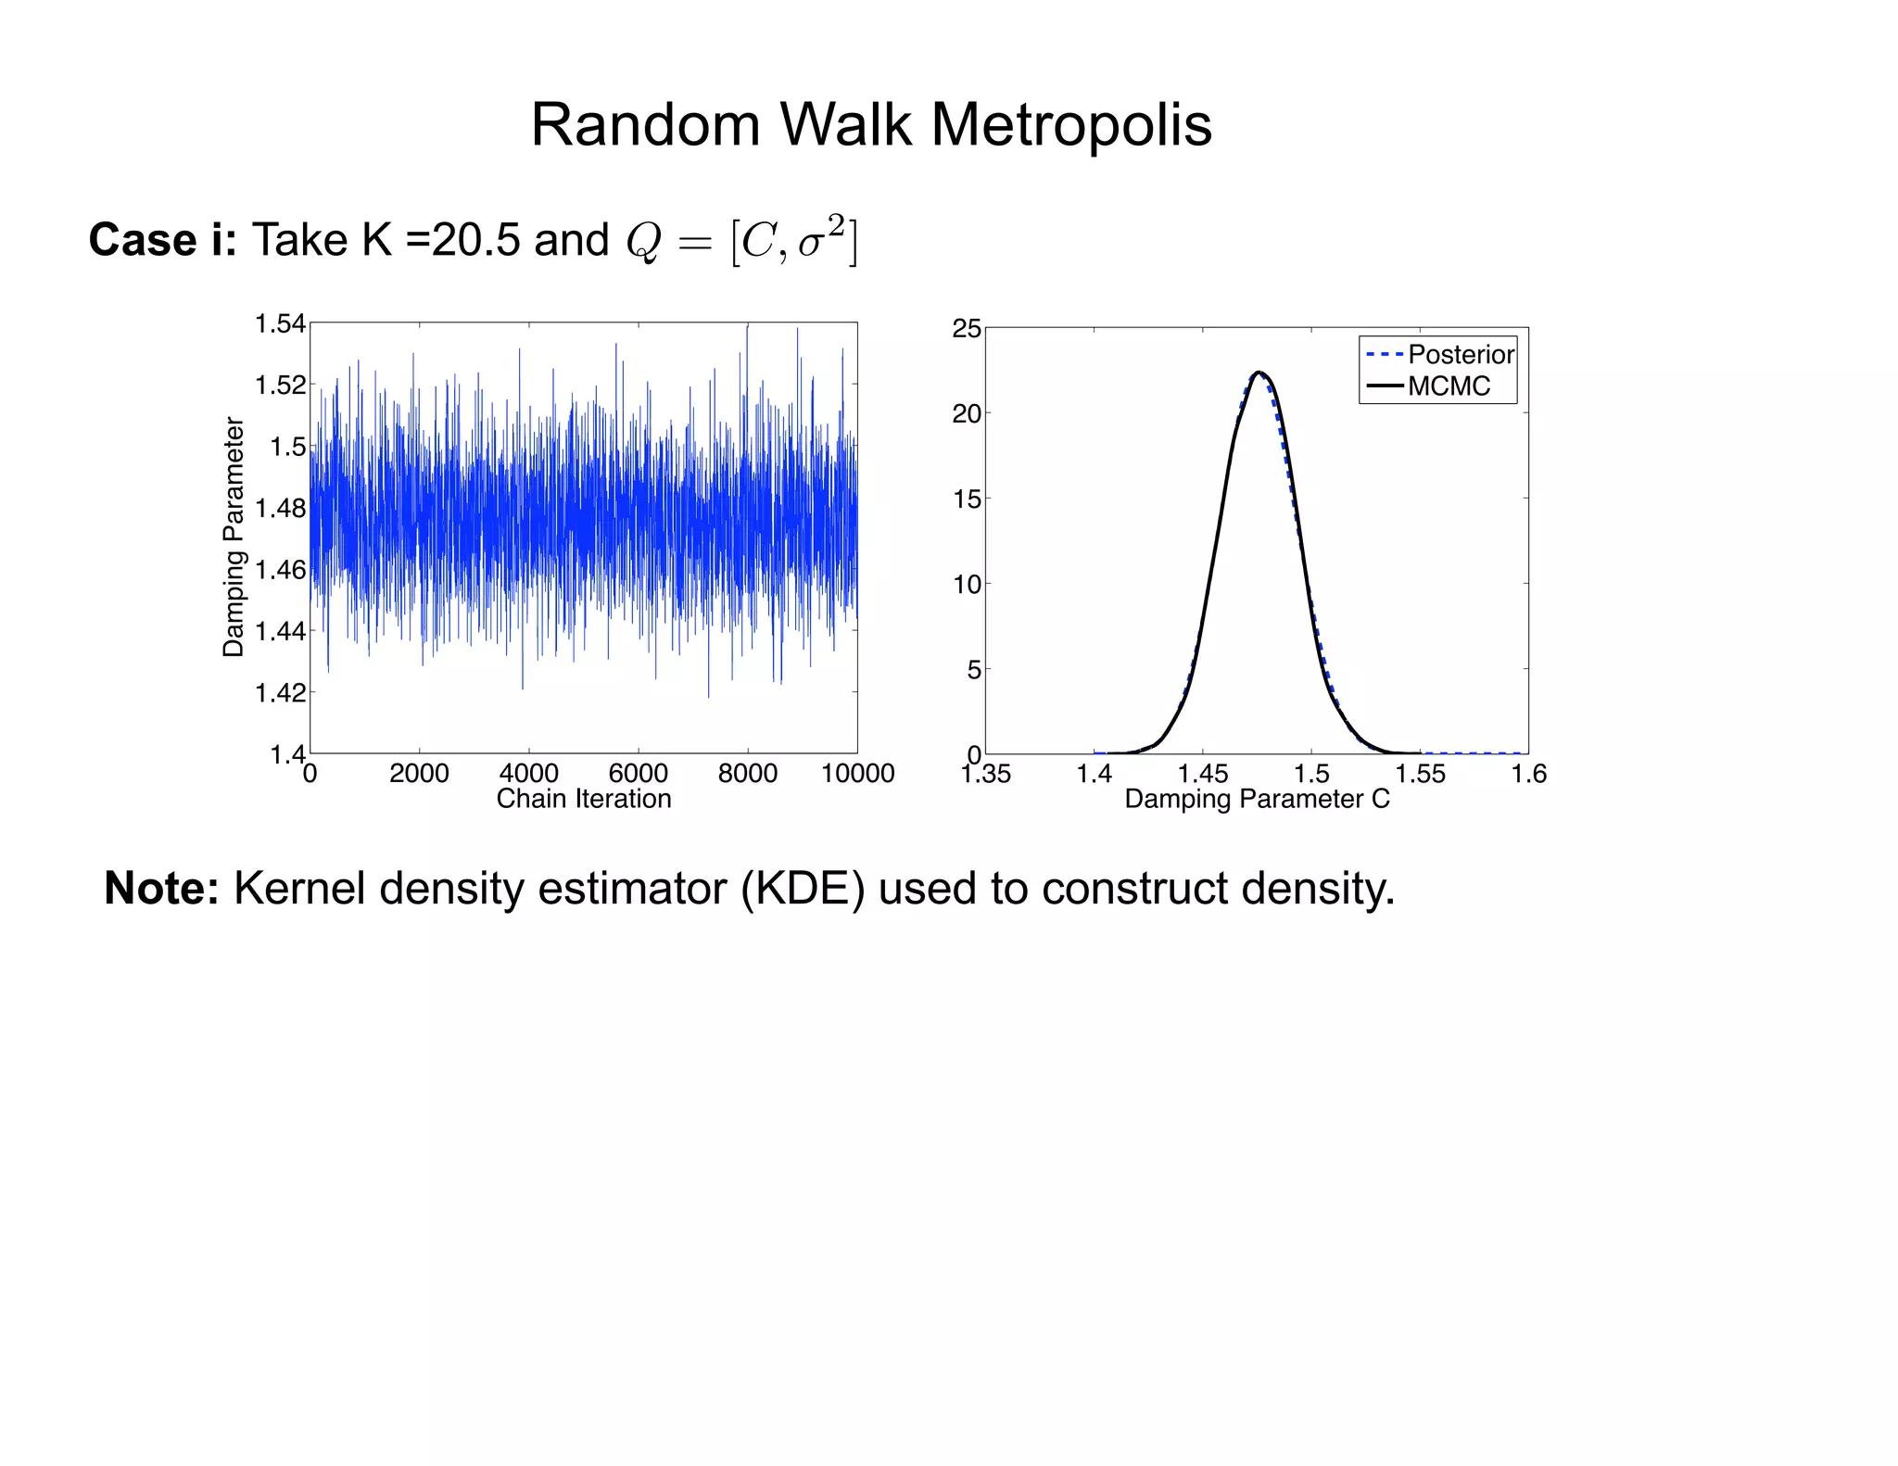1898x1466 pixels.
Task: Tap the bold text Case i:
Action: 163,240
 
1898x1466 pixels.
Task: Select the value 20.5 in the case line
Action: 475,240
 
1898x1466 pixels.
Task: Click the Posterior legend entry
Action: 1460,354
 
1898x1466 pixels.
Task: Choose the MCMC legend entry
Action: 1449,386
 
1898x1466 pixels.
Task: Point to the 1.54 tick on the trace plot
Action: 280,323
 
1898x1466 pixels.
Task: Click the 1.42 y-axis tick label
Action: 280,692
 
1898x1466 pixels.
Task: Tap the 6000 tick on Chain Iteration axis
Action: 638,773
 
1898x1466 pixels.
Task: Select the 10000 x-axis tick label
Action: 857,773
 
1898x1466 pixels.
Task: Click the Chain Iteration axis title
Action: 584,799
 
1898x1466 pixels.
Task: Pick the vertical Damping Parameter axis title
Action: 234,537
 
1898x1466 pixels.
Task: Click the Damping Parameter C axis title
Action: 1257,799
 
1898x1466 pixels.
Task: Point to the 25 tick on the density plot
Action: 967,329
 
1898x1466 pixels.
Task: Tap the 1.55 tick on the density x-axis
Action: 1420,774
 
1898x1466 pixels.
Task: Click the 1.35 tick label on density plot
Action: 986,774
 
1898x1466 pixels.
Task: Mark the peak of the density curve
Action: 1258,373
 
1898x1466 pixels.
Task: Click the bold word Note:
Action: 161,888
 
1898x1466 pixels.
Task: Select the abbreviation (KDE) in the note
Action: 803,888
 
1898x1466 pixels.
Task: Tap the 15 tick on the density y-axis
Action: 967,499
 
